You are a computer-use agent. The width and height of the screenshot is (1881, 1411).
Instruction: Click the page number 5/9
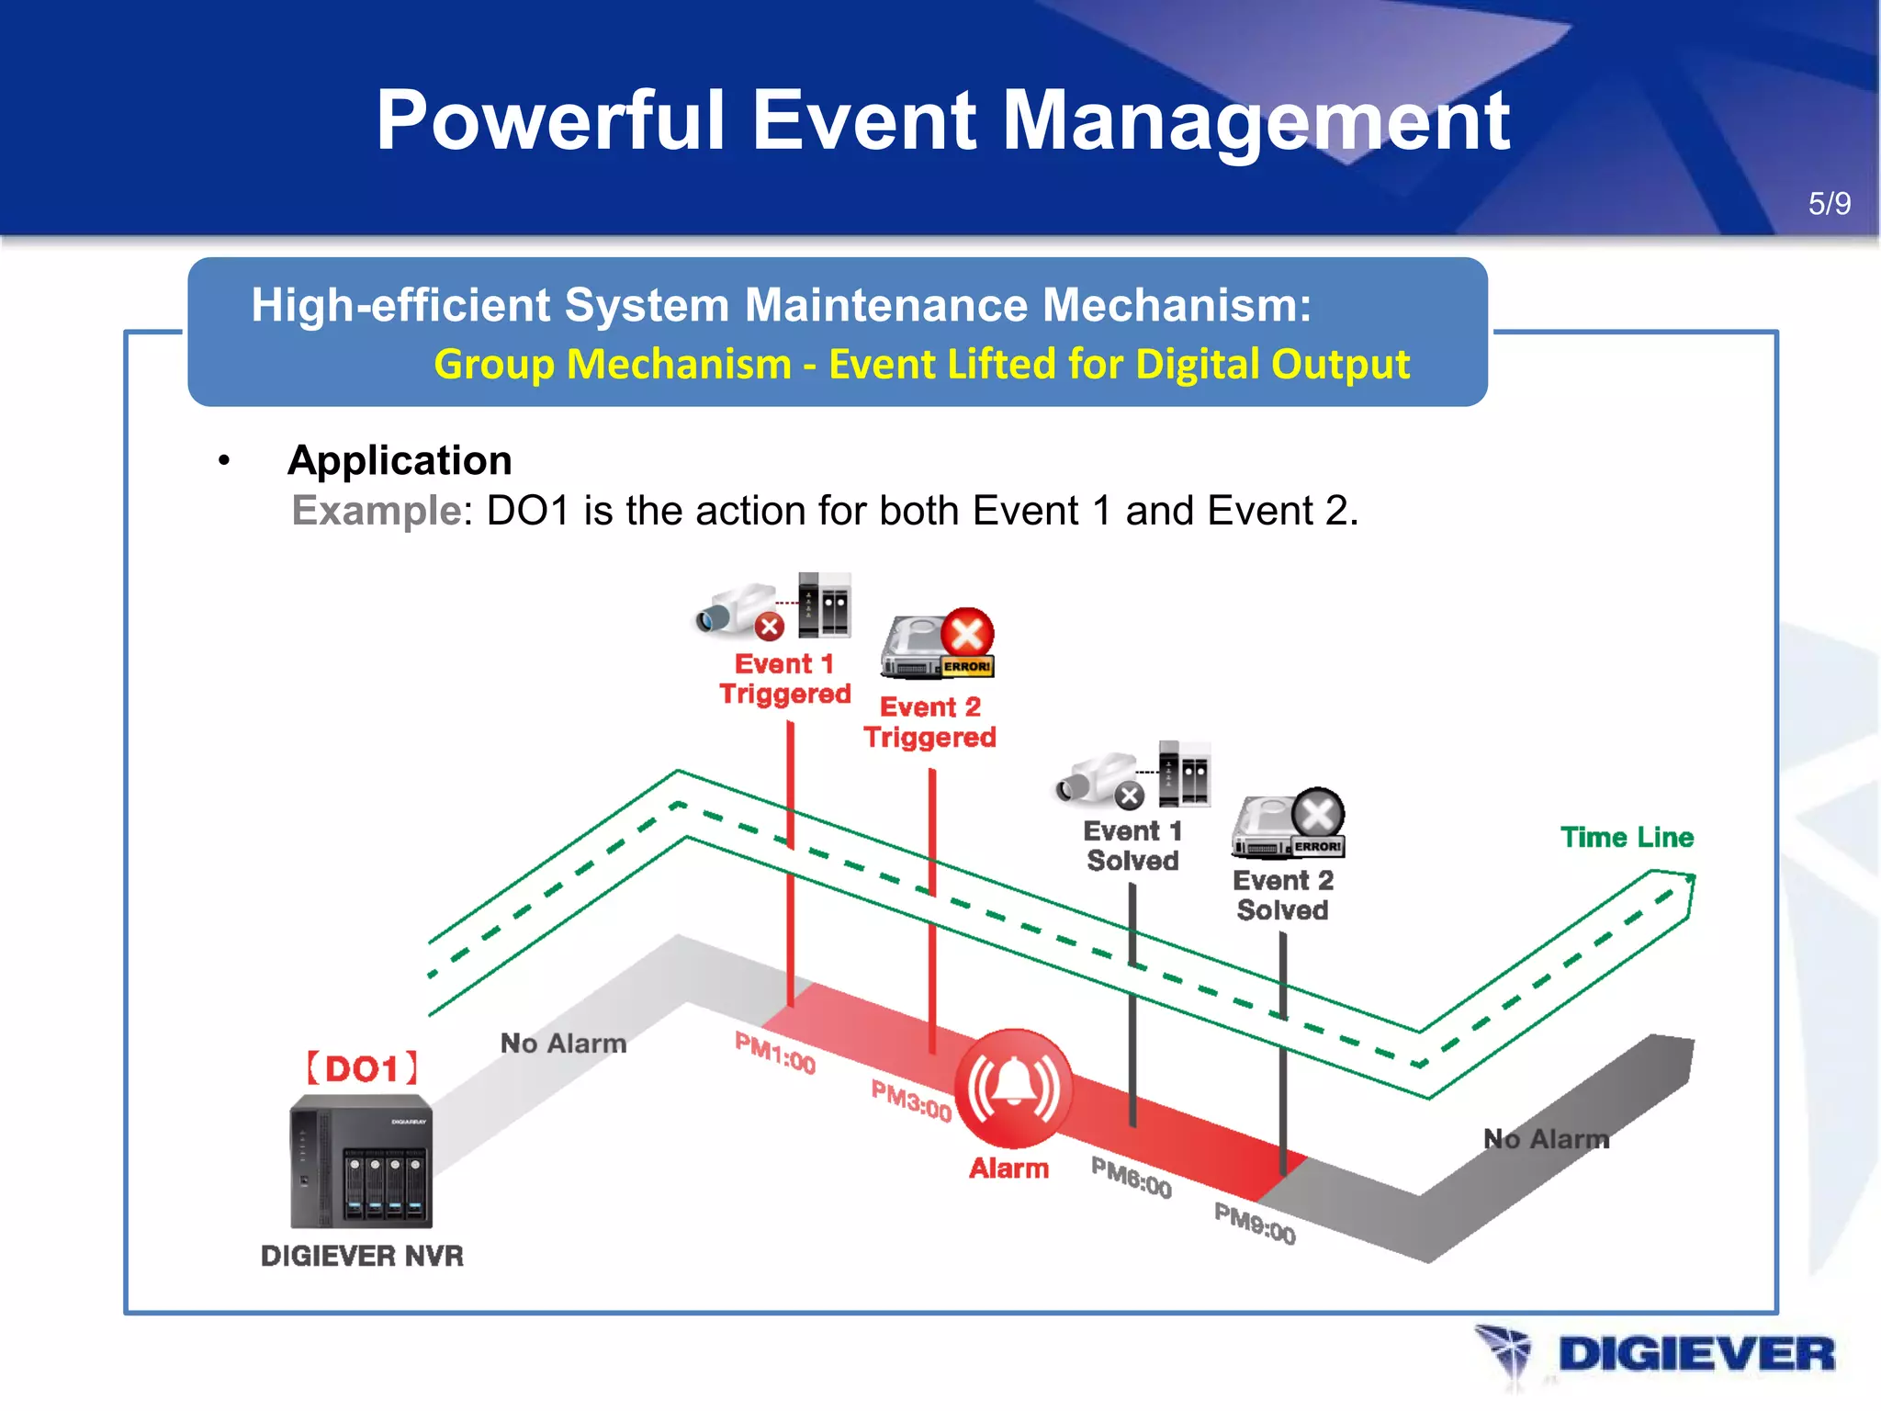pos(1829,203)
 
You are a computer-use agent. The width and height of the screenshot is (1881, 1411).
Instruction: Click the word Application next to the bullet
pos(400,460)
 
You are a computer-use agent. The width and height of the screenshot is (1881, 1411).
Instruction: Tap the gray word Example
pos(376,511)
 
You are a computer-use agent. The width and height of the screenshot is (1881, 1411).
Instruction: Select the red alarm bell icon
pos(1013,1088)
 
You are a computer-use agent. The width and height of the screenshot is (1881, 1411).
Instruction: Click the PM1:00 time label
pos(775,1053)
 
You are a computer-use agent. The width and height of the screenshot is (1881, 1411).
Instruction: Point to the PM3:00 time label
pos(911,1101)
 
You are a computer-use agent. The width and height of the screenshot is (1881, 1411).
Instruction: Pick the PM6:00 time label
pos(1132,1178)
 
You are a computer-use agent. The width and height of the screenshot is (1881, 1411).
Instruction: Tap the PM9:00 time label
pos(1255,1224)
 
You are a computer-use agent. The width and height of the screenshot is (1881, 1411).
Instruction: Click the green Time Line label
pos(1627,838)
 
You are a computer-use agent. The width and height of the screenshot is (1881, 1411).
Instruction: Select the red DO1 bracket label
pos(362,1069)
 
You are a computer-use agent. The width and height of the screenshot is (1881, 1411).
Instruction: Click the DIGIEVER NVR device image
pos(361,1162)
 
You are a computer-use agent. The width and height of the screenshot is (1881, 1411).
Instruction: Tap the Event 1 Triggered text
pos(785,679)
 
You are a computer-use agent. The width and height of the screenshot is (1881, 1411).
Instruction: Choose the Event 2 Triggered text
pos(929,722)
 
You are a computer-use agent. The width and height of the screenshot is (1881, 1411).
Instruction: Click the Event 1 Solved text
pos(1132,846)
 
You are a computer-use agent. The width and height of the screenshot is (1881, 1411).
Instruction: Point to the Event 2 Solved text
pos(1282,896)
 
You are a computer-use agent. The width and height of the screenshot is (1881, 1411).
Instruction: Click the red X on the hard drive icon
pos(967,634)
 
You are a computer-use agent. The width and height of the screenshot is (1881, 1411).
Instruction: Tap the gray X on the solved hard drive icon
pos(1318,813)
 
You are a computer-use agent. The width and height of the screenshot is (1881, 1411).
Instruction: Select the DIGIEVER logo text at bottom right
pos(1695,1355)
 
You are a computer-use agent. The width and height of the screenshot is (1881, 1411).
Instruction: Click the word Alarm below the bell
pos(1008,1168)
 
